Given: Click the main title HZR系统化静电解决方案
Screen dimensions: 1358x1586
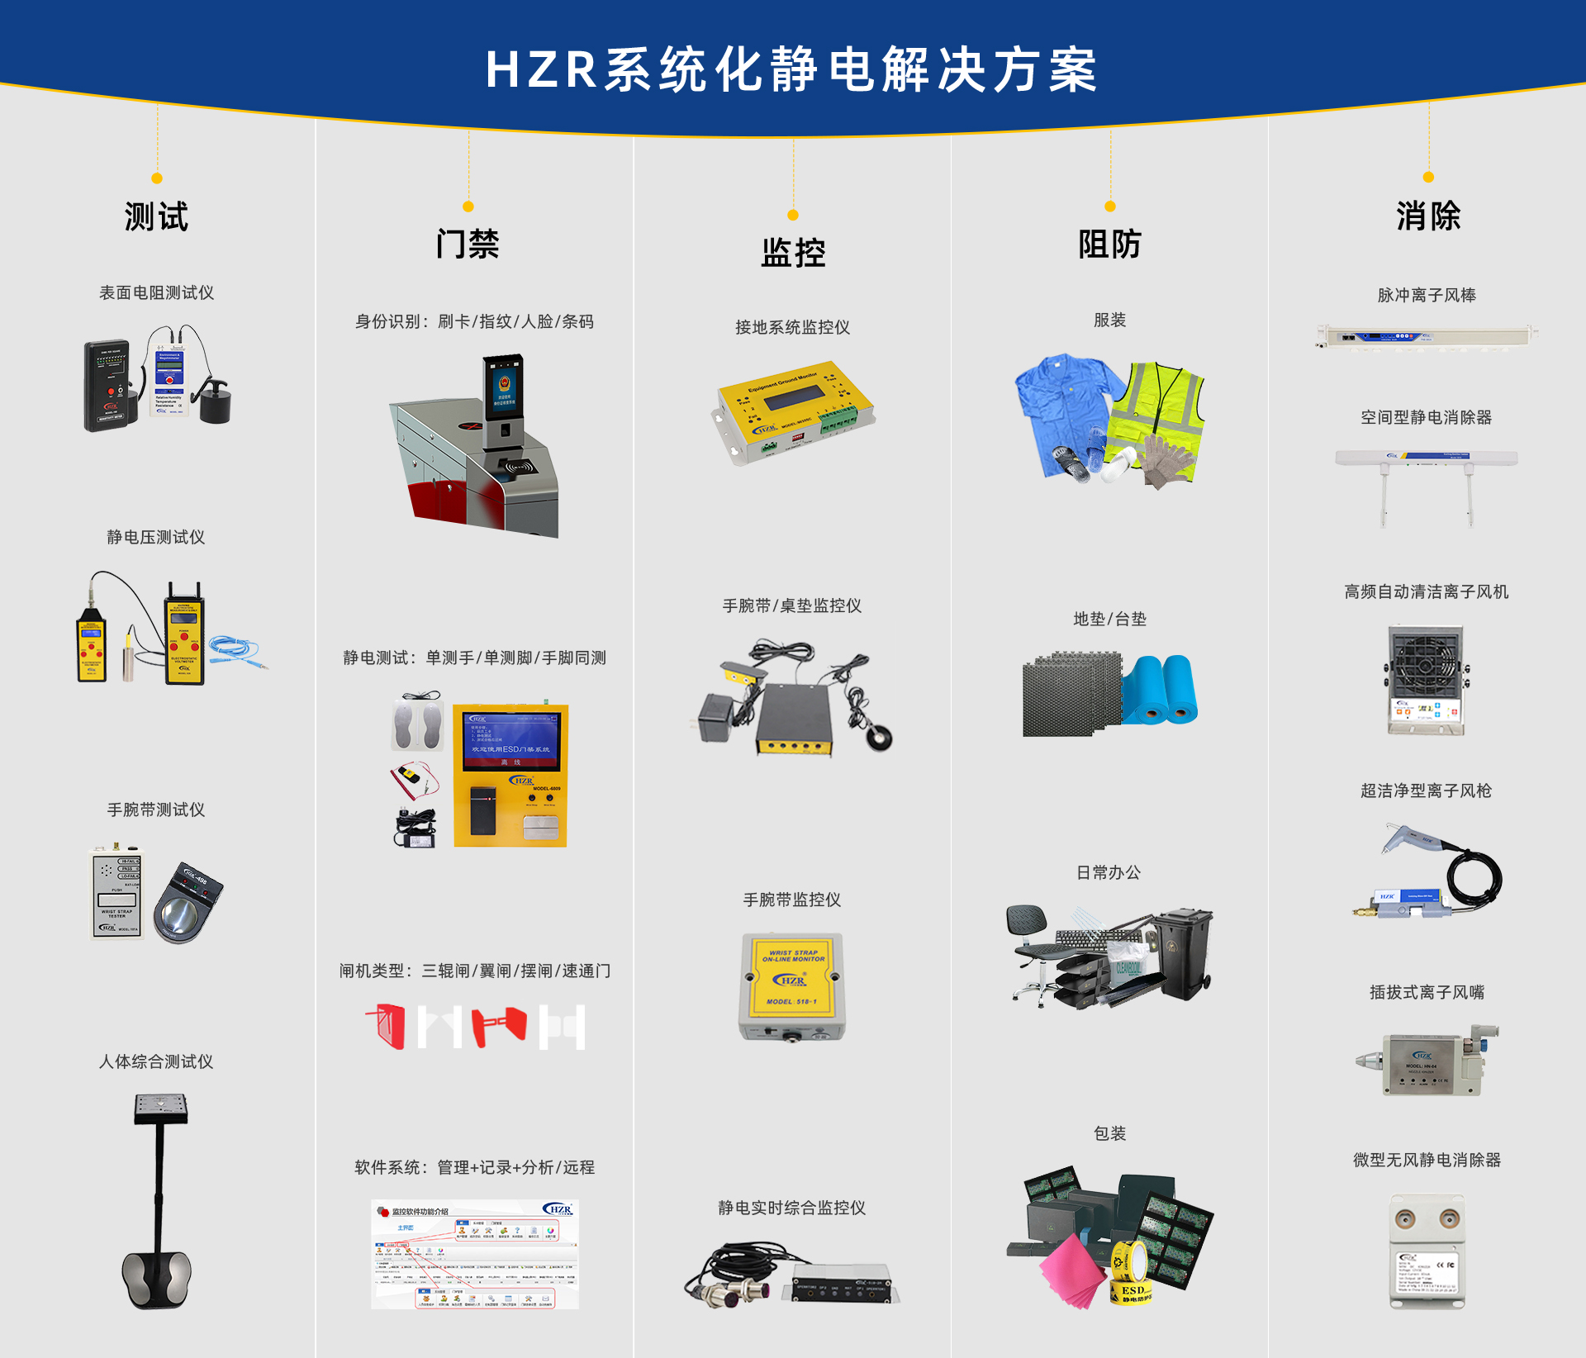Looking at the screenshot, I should pyautogui.click(x=791, y=69).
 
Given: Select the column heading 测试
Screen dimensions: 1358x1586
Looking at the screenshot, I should pyautogui.click(x=156, y=217).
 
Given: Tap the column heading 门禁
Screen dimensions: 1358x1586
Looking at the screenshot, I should pyautogui.click(x=468, y=245).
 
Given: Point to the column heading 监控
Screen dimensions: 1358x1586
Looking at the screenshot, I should pyautogui.click(x=793, y=253).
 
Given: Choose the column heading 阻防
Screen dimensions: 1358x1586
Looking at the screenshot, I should pyautogui.click(x=1109, y=245).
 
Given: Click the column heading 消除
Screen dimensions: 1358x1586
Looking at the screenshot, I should pyautogui.click(x=1428, y=216).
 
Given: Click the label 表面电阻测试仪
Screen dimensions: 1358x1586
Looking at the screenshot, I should pyautogui.click(x=156, y=293).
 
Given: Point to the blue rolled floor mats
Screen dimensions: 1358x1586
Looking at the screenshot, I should pyautogui.click(x=1161, y=690).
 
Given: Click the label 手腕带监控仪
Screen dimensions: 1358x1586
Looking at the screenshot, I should pyautogui.click(x=791, y=900).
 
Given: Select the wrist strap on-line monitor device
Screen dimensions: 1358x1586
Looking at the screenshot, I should pyautogui.click(x=792, y=985).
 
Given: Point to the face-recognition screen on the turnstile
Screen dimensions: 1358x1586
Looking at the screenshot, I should pyautogui.click(x=504, y=387).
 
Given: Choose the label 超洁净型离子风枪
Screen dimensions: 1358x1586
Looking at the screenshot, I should pyautogui.click(x=1426, y=791).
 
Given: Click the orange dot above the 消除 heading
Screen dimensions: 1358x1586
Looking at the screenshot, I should pyautogui.click(x=1428, y=178).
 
